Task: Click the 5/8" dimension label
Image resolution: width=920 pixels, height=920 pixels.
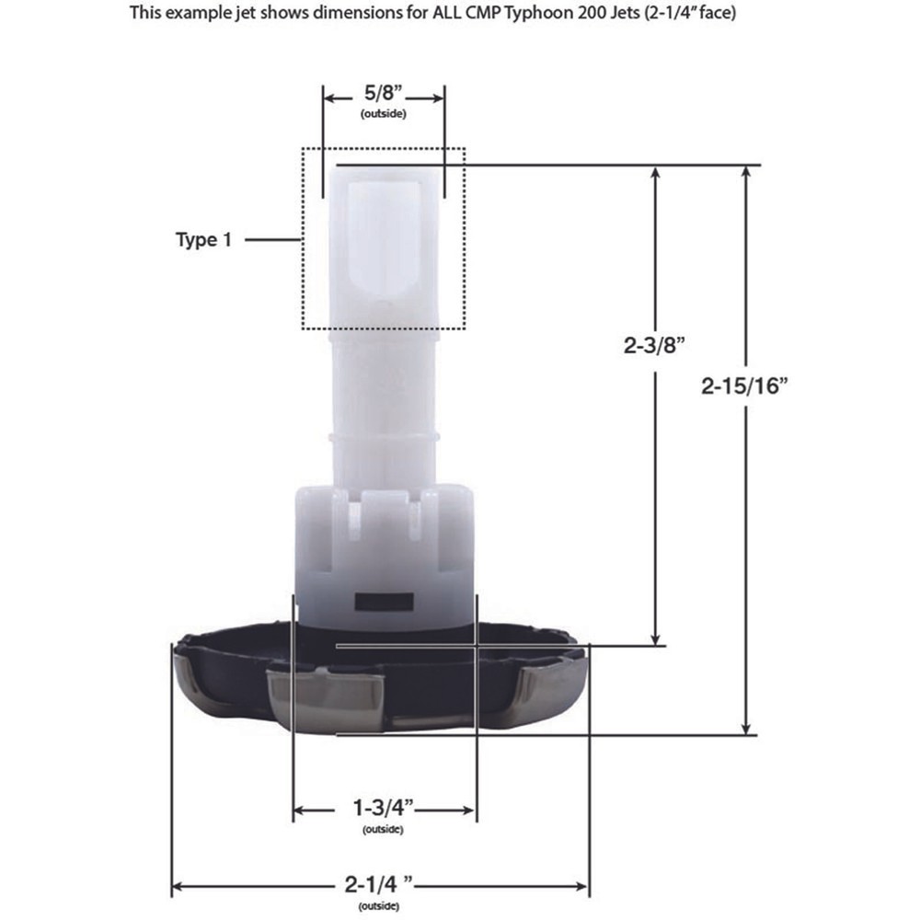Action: (383, 93)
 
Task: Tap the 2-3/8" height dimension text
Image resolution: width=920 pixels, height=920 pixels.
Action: (654, 346)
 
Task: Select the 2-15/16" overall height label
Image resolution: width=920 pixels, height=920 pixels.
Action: (744, 386)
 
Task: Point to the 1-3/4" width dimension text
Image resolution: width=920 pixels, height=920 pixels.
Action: (383, 808)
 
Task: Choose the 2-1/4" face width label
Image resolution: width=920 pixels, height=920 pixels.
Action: (379, 883)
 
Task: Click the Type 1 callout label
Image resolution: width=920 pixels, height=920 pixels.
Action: (203, 239)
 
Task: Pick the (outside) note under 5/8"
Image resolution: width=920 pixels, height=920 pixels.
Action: (383, 114)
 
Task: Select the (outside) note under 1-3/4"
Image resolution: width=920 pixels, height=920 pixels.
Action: (383, 829)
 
